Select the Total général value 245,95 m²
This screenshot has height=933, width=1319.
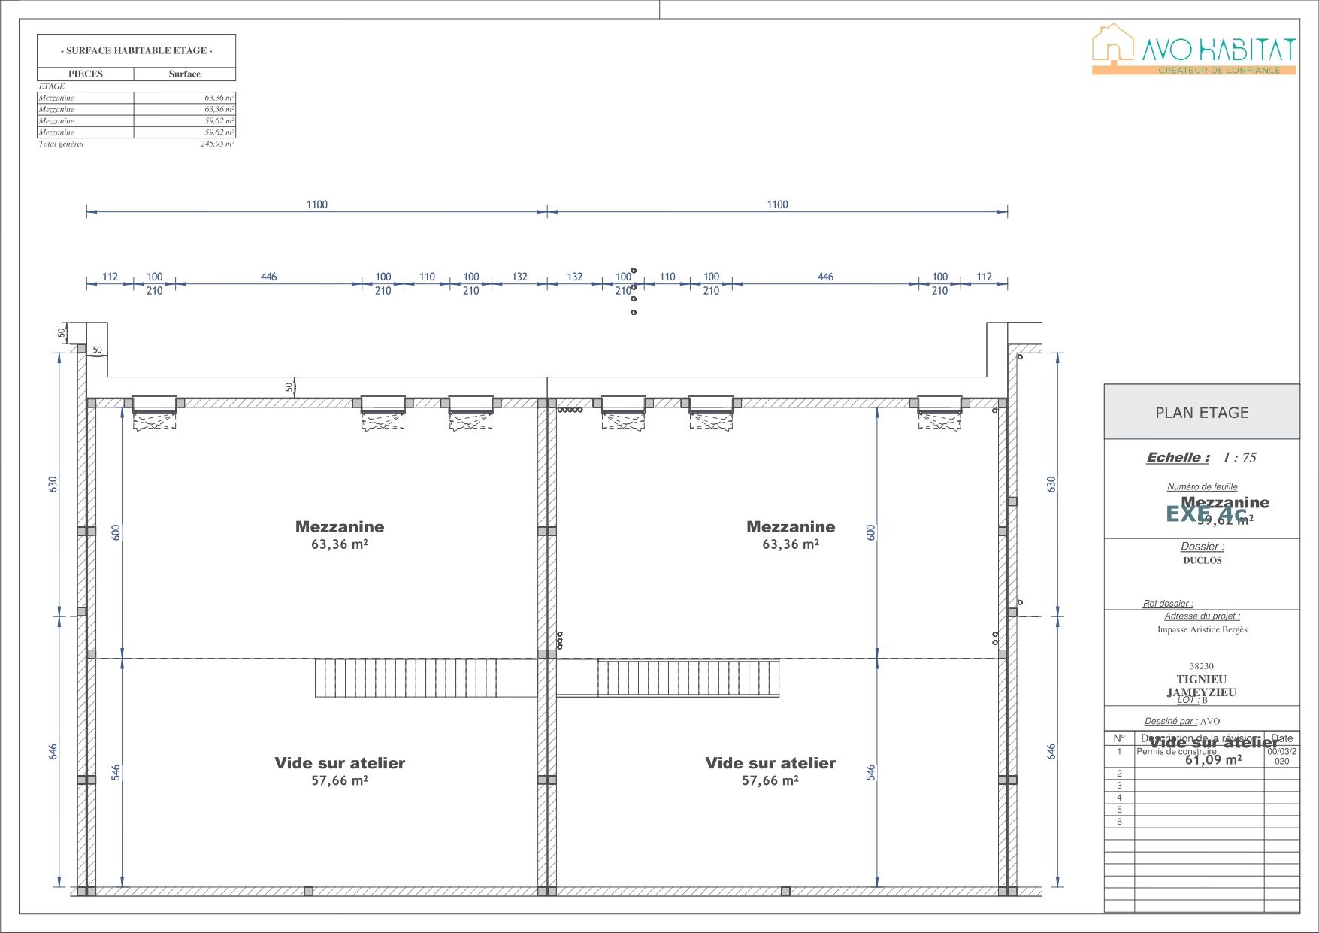(x=217, y=144)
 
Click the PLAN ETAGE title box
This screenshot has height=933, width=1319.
(x=1201, y=413)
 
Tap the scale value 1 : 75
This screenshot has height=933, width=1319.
(x=1239, y=457)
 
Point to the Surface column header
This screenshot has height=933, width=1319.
(x=184, y=74)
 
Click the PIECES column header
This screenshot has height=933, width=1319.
(x=86, y=74)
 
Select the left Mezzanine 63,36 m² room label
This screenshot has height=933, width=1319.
(x=340, y=535)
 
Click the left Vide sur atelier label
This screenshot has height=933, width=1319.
(x=340, y=771)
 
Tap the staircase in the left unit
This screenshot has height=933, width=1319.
(x=405, y=677)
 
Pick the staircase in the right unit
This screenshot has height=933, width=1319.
(x=688, y=677)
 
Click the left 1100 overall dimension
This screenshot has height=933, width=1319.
(x=316, y=204)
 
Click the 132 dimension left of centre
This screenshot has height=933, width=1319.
(x=519, y=277)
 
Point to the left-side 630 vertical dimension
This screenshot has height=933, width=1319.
(x=53, y=485)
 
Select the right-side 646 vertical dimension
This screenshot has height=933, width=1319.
(x=1051, y=751)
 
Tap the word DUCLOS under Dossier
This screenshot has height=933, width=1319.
(x=1202, y=560)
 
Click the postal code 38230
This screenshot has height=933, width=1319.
(x=1201, y=666)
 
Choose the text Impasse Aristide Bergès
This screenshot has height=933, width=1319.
(x=1202, y=629)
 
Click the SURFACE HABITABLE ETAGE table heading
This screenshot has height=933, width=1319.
(x=136, y=50)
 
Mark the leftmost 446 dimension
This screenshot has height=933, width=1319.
(x=268, y=277)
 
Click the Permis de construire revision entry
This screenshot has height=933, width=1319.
(x=1176, y=751)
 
